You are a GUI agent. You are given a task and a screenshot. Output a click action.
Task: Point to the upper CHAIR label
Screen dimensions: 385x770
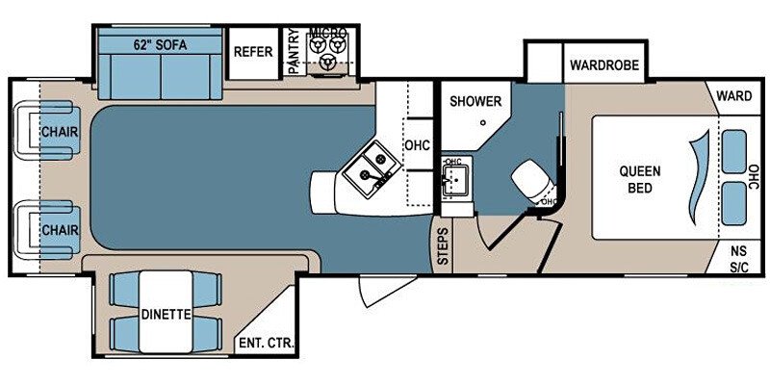click(x=58, y=132)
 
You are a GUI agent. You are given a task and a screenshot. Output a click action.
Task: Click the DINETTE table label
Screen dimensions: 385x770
click(x=165, y=314)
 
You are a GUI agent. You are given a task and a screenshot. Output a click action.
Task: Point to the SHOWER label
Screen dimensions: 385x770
click(x=475, y=101)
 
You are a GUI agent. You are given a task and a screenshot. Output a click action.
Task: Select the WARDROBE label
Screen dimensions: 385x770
click(x=599, y=66)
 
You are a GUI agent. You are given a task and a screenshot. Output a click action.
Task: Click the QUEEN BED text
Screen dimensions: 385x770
click(x=640, y=179)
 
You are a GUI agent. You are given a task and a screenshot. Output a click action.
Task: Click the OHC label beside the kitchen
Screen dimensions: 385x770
click(x=417, y=146)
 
